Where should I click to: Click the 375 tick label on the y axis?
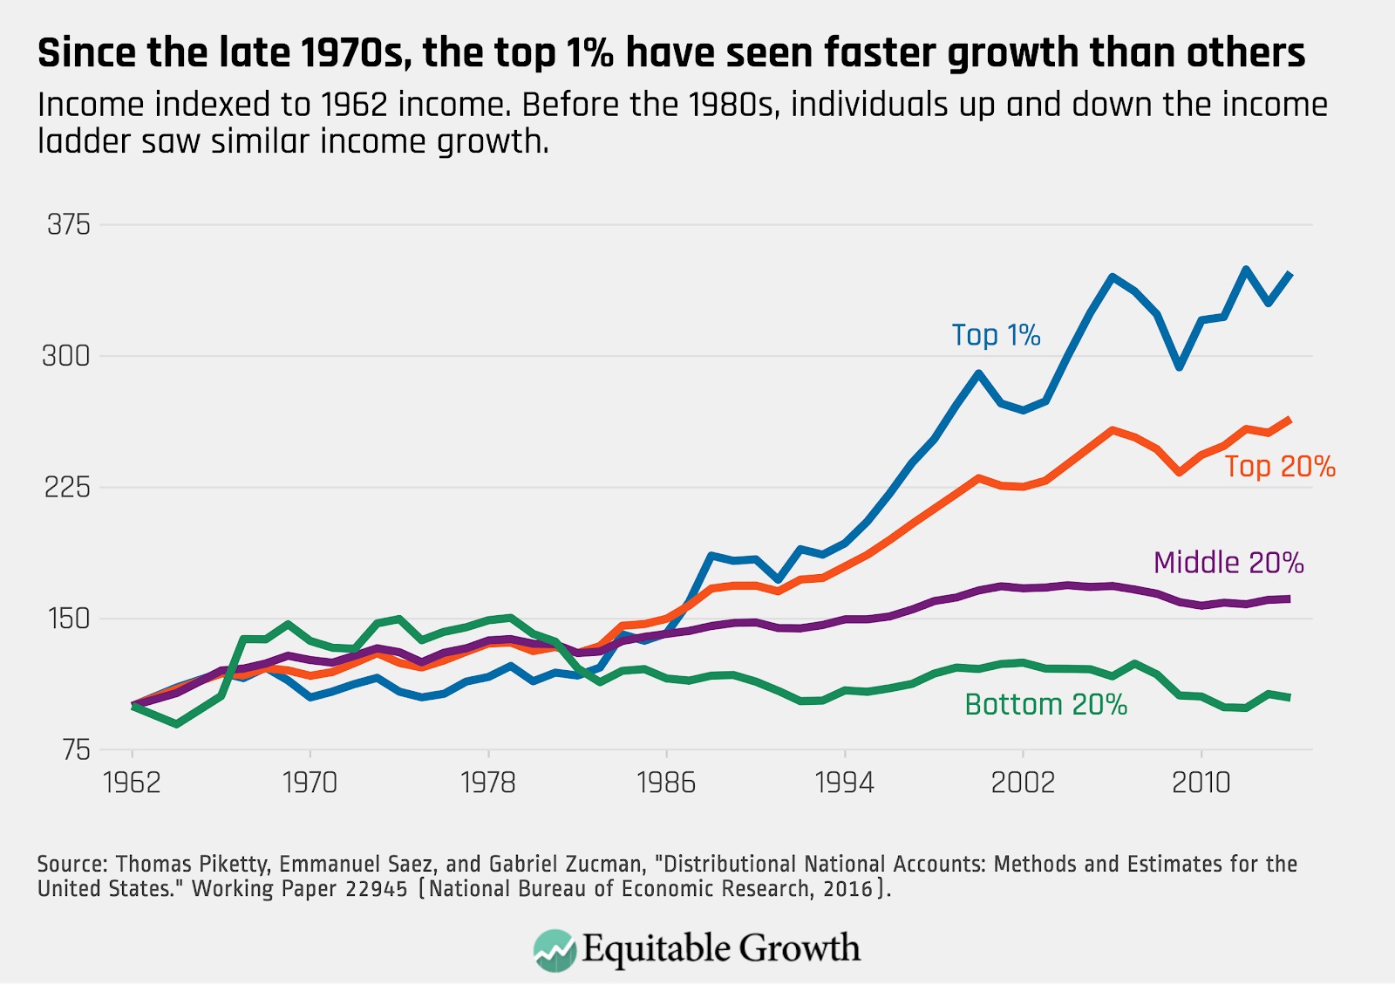point(69,225)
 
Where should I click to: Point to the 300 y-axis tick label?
point(66,356)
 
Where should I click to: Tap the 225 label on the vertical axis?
point(67,487)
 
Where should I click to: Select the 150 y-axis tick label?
point(69,619)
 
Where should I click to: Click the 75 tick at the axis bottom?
point(76,749)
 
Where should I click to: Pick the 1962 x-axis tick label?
point(132,783)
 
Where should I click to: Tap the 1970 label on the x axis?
point(310,783)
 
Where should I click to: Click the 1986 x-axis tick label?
point(666,783)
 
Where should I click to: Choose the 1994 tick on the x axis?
point(844,783)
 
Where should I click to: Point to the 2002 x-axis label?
point(1022,783)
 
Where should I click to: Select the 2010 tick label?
point(1201,783)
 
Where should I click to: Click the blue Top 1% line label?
point(996,335)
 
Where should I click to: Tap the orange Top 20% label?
point(1279,467)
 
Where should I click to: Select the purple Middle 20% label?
point(1228,563)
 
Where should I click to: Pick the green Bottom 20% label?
point(1045,705)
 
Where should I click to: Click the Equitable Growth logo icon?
point(555,950)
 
